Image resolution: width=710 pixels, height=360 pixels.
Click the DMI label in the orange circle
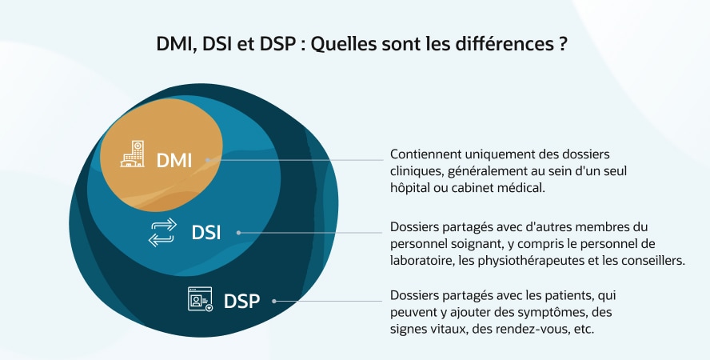click(x=174, y=160)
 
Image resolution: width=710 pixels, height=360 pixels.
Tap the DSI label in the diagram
click(x=206, y=233)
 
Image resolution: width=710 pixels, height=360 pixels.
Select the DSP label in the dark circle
click(x=241, y=301)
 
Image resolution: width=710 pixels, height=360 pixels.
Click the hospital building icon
click(x=132, y=154)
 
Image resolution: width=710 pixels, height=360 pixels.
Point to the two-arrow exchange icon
click(x=162, y=232)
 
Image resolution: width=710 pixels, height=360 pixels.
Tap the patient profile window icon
click(x=200, y=299)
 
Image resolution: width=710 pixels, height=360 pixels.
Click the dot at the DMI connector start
click(x=208, y=160)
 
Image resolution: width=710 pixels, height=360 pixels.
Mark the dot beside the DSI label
click(x=238, y=233)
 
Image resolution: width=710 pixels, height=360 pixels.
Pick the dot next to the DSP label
click(x=274, y=301)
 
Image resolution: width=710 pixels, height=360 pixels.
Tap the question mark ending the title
click(x=563, y=44)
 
